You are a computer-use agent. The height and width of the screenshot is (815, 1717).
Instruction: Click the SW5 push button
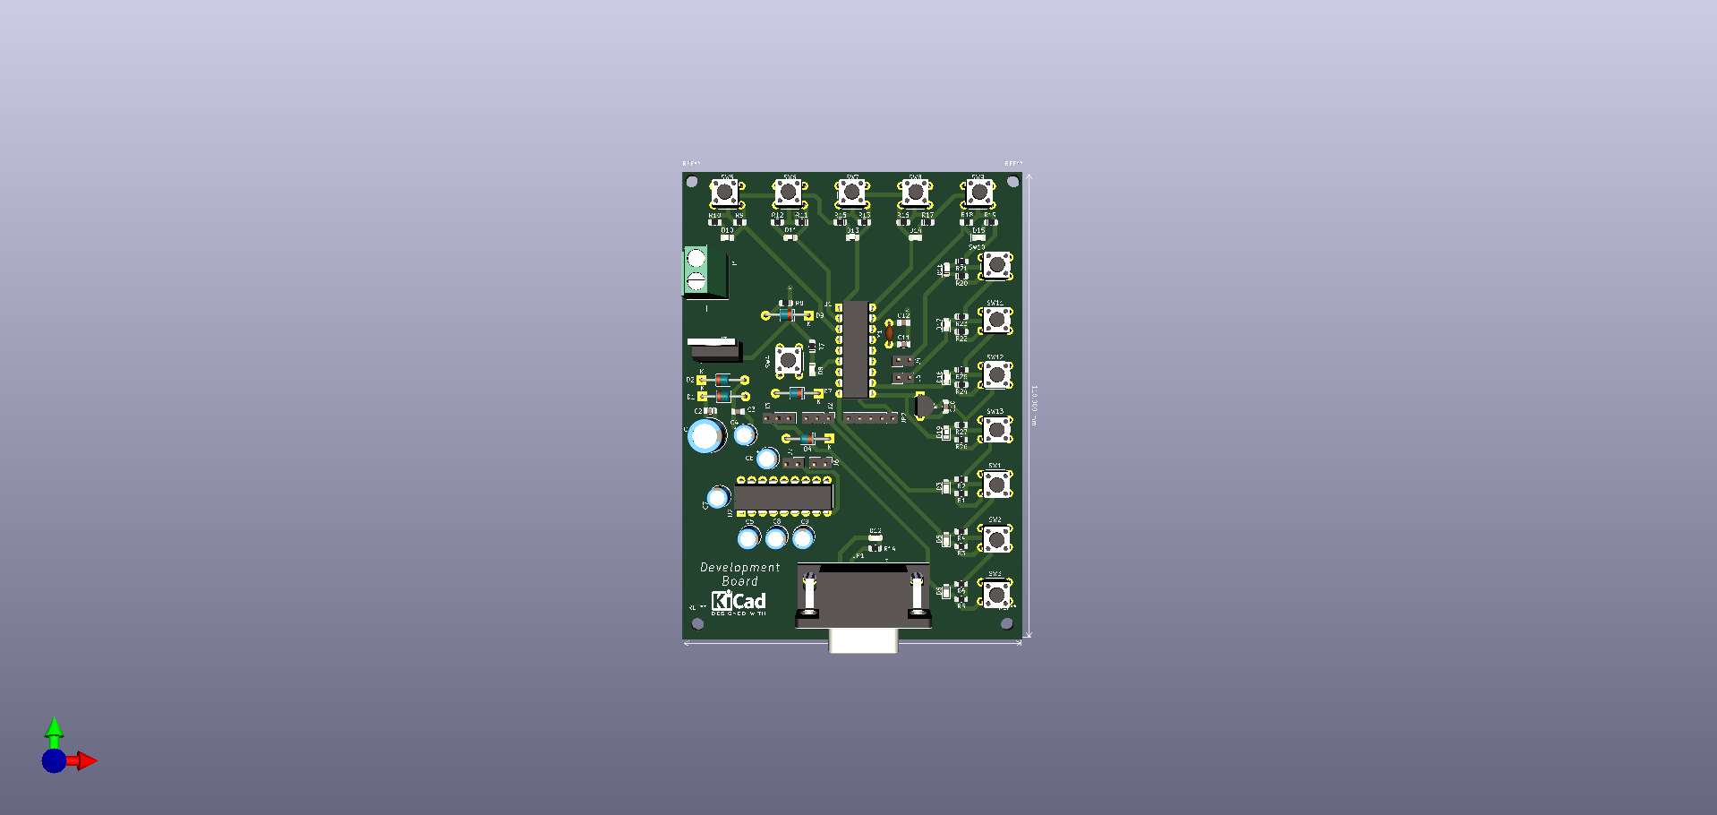click(724, 192)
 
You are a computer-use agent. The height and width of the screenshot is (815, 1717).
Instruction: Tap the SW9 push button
click(978, 192)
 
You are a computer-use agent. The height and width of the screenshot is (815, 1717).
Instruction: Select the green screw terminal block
click(696, 270)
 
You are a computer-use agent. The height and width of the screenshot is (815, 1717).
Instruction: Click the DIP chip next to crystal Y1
click(855, 349)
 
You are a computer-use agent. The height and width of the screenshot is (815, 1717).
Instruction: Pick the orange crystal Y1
click(889, 333)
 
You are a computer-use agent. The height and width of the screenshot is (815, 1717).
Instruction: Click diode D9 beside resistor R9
click(787, 315)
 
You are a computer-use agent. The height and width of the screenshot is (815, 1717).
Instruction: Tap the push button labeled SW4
click(788, 360)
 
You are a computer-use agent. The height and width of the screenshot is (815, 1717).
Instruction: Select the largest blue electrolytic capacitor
click(706, 436)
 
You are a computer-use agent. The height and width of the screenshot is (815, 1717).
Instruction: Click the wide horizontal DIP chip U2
click(783, 497)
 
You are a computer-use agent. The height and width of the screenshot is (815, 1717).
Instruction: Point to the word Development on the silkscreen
click(739, 567)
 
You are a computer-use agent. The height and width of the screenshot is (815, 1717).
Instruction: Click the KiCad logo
click(739, 601)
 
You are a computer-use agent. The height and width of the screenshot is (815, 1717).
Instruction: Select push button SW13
click(995, 430)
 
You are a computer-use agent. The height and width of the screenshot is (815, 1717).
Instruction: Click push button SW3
click(995, 594)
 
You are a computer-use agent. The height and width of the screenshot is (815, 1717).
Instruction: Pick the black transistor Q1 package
click(925, 407)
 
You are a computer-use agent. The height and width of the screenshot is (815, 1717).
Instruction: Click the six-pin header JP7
click(869, 418)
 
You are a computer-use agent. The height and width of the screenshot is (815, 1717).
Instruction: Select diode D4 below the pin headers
click(807, 438)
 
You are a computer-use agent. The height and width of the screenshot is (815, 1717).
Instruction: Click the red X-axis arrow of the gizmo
click(87, 761)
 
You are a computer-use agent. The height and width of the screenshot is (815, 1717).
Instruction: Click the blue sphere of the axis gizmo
click(54, 761)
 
